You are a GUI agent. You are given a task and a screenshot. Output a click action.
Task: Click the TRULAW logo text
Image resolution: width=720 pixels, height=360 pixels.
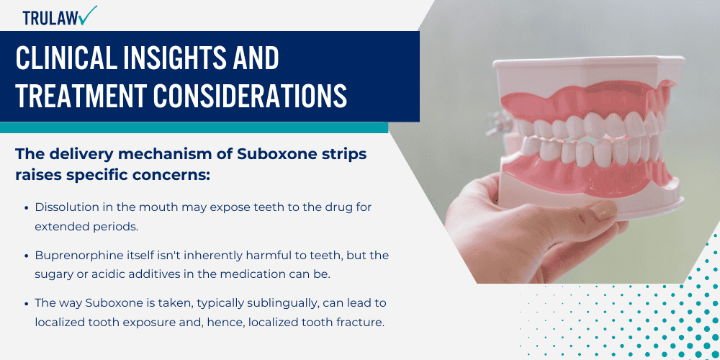pos(51,17)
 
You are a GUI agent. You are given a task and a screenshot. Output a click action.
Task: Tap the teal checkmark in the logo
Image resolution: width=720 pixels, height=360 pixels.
pos(89,14)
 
